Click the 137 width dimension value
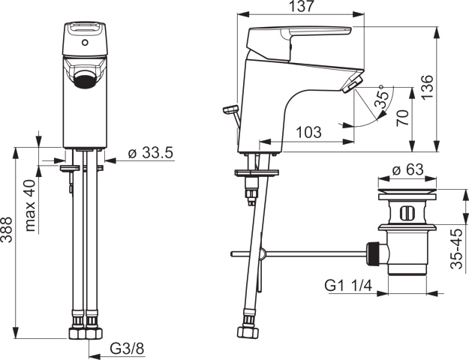tap(304, 7)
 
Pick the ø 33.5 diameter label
tap(150, 153)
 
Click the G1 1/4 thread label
tap(350, 285)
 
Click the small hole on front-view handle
tap(85, 43)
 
